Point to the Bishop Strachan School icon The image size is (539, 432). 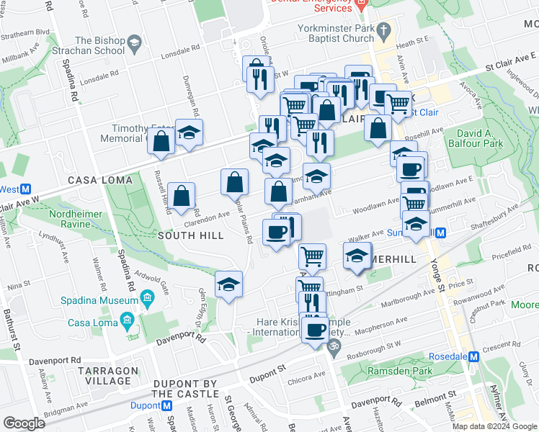(133, 47)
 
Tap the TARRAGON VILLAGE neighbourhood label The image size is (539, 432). (108, 376)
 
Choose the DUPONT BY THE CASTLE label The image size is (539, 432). (184, 389)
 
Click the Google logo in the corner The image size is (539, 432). (24, 423)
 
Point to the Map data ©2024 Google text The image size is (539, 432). (495, 426)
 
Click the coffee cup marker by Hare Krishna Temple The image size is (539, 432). (314, 330)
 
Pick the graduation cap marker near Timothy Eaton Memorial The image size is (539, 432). (190, 133)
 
